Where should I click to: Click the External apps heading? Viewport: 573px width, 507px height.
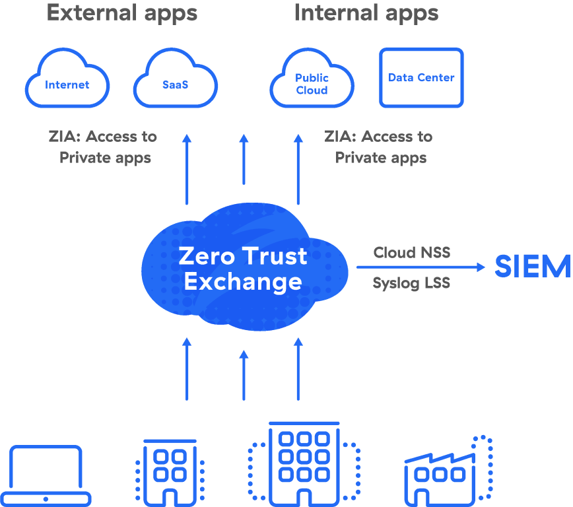(121, 13)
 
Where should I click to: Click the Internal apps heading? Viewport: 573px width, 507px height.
(366, 13)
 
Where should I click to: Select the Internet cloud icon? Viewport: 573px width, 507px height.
(67, 81)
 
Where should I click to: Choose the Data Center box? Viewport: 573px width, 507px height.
(421, 78)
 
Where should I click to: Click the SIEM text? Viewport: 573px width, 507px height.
(532, 267)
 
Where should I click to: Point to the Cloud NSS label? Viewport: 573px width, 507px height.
(411, 252)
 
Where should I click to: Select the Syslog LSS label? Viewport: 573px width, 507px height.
(411, 283)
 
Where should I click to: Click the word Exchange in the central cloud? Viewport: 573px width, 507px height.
(243, 282)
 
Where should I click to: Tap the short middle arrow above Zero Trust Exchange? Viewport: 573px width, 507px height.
(244, 159)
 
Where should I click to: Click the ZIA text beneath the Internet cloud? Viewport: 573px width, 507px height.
(64, 137)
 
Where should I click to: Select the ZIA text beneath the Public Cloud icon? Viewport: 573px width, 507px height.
(339, 137)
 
